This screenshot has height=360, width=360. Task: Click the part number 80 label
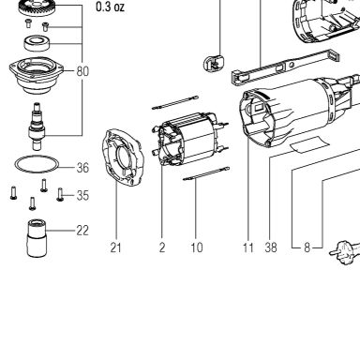pyautogui.click(x=82, y=71)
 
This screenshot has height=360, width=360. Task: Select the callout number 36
pyautogui.click(x=82, y=168)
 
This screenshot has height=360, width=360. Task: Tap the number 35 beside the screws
pyautogui.click(x=82, y=195)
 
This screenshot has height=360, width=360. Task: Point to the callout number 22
pyautogui.click(x=82, y=231)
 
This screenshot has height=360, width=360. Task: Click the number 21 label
pyautogui.click(x=115, y=247)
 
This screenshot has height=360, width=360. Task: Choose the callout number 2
pyautogui.click(x=162, y=247)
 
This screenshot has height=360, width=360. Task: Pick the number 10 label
pyautogui.click(x=197, y=247)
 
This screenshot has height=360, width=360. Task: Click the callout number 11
pyautogui.click(x=248, y=247)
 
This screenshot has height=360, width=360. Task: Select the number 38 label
pyautogui.click(x=271, y=247)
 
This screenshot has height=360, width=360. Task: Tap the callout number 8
pyautogui.click(x=307, y=247)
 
